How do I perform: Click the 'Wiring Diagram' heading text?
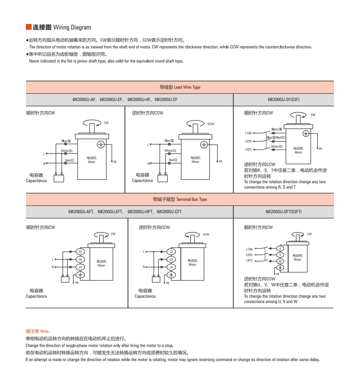[x=72, y=27]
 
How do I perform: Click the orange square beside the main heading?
[x=28, y=27]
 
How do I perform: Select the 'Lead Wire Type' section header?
[x=180, y=87]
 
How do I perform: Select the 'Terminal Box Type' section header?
[x=180, y=199]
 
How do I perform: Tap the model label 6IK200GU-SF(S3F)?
[x=284, y=100]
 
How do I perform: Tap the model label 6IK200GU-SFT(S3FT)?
[x=284, y=211]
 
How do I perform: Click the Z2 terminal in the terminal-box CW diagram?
[x=80, y=252]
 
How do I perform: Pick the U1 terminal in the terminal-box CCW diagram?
[x=171, y=267]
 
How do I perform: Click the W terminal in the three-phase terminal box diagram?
[x=281, y=261]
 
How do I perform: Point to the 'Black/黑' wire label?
[x=277, y=129]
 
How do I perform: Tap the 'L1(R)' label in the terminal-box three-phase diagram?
[x=249, y=249]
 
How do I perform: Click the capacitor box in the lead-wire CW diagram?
[x=59, y=178]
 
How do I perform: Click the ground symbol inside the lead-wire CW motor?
[x=101, y=143]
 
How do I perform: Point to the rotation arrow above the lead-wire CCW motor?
[x=198, y=124]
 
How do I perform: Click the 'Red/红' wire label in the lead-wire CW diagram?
[x=70, y=160]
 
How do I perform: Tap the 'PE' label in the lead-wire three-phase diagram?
[x=320, y=149]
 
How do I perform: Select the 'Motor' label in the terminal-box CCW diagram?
[x=192, y=264]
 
